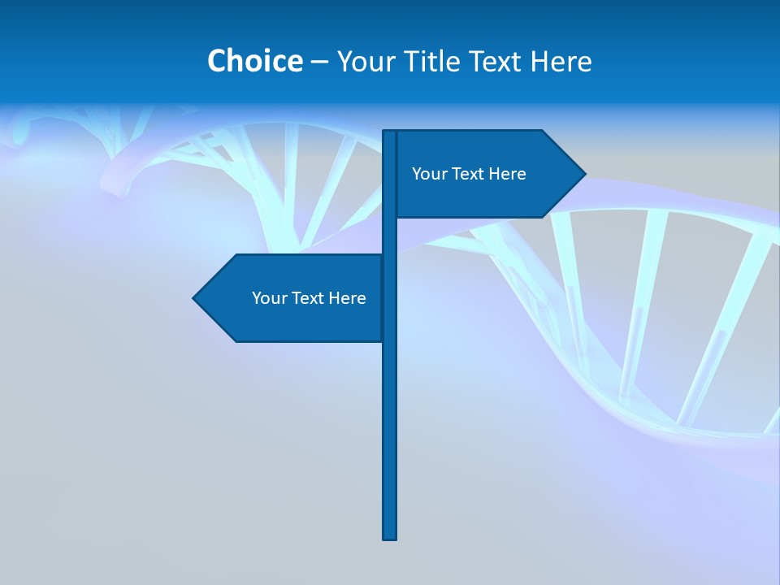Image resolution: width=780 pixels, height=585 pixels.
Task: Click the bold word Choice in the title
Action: tap(254, 61)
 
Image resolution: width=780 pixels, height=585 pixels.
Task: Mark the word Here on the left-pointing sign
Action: tap(347, 298)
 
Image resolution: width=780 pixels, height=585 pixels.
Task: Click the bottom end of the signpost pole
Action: tap(389, 536)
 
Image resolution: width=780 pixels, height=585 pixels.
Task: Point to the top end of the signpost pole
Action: tap(389, 133)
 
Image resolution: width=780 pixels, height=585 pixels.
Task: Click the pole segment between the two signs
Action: tap(389, 236)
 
